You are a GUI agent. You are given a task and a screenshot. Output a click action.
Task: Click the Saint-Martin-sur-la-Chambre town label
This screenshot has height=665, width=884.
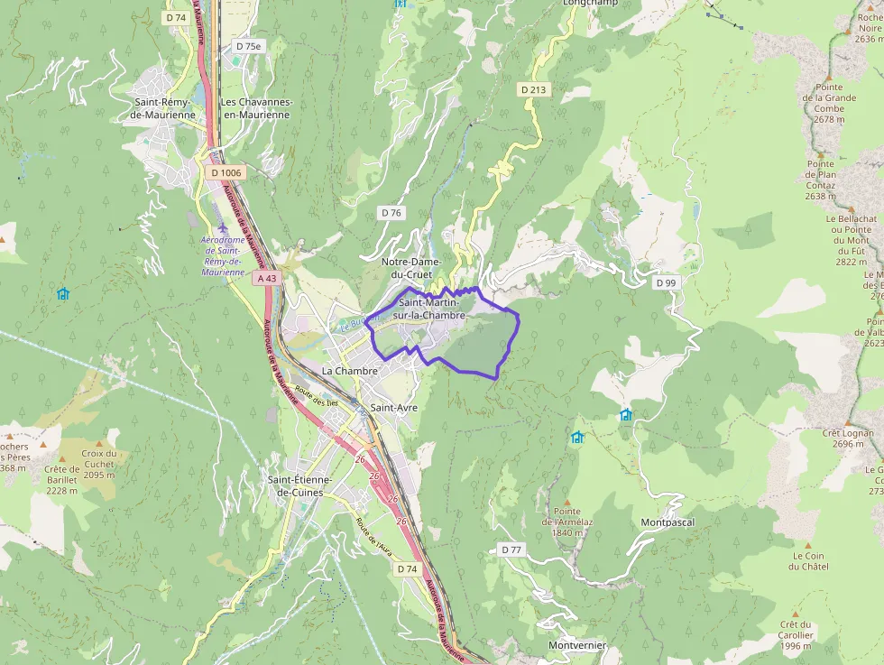431,309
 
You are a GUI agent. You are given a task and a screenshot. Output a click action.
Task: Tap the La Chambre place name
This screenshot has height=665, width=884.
344,371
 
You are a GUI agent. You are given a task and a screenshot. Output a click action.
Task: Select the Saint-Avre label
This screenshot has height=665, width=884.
393,408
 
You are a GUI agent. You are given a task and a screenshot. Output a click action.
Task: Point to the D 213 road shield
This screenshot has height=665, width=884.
533,89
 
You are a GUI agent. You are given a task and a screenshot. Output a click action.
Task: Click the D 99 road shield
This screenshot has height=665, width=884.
666,282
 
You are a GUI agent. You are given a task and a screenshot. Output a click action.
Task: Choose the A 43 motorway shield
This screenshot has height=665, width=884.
266,279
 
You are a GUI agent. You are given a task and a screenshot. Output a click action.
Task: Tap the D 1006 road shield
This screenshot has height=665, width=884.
225,171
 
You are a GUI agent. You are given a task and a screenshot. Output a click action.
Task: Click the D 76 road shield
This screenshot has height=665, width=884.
391,213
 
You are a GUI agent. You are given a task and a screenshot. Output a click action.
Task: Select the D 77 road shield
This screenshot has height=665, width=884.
511,550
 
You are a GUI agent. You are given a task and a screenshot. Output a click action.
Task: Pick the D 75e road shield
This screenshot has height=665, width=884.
248,46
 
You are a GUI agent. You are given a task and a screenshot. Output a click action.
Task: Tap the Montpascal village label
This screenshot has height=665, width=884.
668,522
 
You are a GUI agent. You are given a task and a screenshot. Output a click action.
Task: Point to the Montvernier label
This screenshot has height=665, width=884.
577,645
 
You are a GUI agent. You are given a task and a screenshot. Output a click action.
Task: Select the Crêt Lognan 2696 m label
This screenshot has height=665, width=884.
848,438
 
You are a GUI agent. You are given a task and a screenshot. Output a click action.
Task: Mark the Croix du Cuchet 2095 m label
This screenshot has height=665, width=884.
98,464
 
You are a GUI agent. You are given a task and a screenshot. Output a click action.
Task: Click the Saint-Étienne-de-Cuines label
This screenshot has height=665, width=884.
299,485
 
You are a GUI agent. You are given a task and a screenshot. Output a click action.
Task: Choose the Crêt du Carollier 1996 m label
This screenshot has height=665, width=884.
797,634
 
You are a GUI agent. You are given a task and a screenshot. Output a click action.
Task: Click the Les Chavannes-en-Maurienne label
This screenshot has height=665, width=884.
256,108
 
